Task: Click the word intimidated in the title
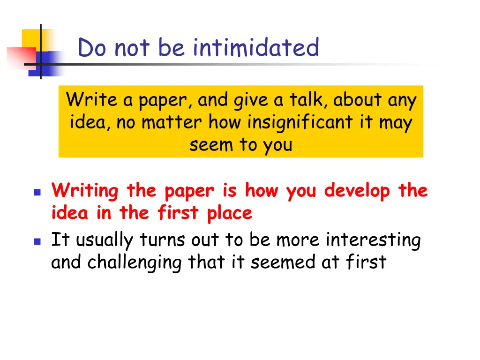click(256, 48)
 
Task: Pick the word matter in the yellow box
click(172, 123)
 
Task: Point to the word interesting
click(373, 240)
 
